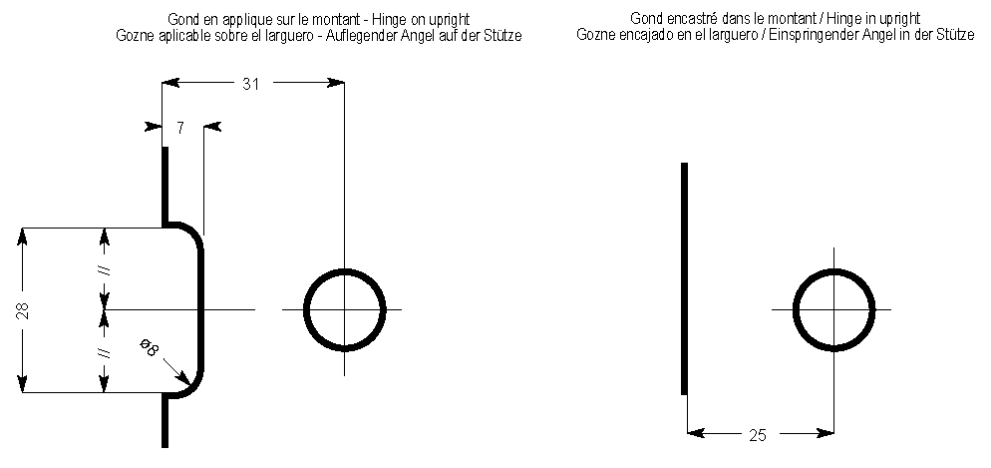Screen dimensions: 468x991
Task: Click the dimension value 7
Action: [x=179, y=127]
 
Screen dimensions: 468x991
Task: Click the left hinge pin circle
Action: [x=344, y=310]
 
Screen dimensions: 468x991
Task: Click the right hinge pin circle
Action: [x=834, y=310]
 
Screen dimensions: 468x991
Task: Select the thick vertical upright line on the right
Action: [x=684, y=279]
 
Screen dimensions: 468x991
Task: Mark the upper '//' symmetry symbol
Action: [x=105, y=269]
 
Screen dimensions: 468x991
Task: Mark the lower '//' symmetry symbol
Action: [x=105, y=352]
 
